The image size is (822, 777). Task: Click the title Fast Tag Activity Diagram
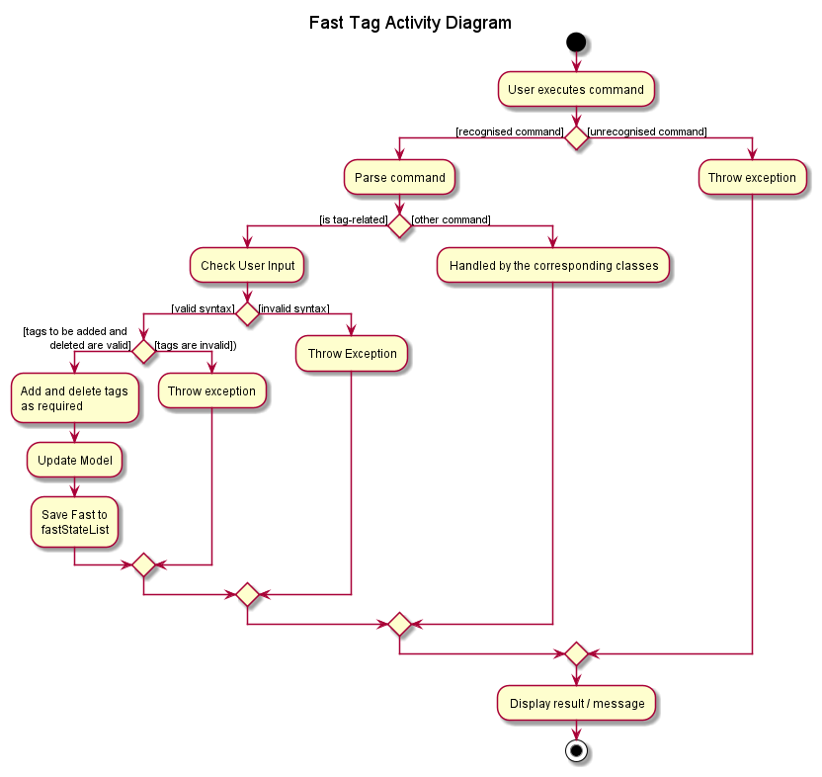click(x=410, y=23)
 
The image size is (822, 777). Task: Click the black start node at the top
click(x=576, y=43)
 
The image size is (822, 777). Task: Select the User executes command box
click(x=576, y=89)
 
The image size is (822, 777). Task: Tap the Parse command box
click(x=399, y=178)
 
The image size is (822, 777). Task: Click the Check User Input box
click(x=247, y=266)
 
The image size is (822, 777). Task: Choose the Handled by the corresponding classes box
click(x=553, y=266)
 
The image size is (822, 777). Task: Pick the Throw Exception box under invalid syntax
click(x=352, y=354)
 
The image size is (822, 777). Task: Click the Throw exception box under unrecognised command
click(x=752, y=178)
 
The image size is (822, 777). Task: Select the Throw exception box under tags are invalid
click(x=211, y=391)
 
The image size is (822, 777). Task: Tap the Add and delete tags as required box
click(x=74, y=398)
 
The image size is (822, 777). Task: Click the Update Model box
click(x=74, y=460)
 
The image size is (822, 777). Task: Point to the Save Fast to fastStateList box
click(x=74, y=521)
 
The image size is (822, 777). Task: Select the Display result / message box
click(x=576, y=704)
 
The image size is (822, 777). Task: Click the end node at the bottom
click(x=576, y=751)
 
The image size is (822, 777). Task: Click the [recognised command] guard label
click(x=509, y=131)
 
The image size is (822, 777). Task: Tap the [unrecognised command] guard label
click(x=647, y=131)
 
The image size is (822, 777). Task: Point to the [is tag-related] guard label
click(x=353, y=219)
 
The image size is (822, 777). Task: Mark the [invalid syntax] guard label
click(x=293, y=308)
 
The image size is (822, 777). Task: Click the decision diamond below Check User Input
click(x=247, y=314)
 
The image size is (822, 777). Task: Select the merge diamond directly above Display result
click(x=576, y=653)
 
